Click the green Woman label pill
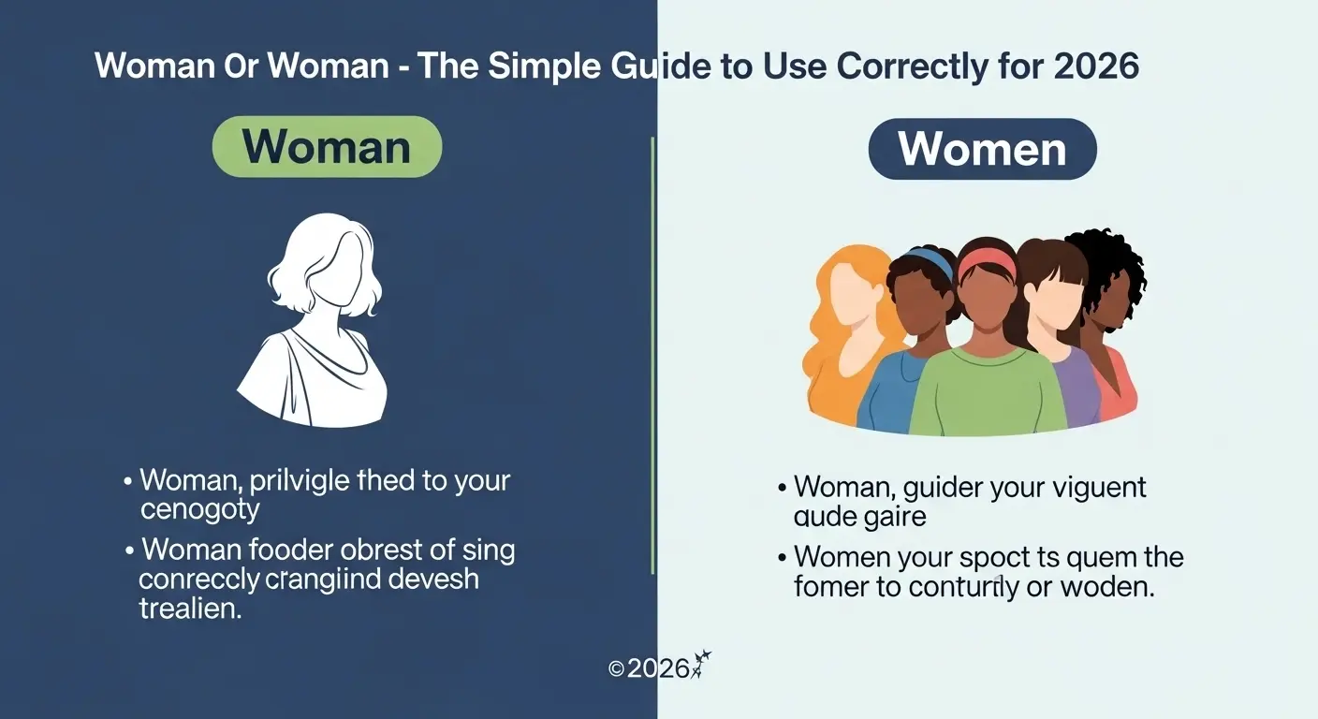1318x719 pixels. point(327,147)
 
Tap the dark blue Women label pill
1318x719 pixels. point(982,149)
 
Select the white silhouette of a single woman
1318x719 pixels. point(314,318)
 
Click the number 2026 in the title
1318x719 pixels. point(1096,66)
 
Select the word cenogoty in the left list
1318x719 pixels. point(199,511)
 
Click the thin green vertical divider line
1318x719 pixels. point(652,356)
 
